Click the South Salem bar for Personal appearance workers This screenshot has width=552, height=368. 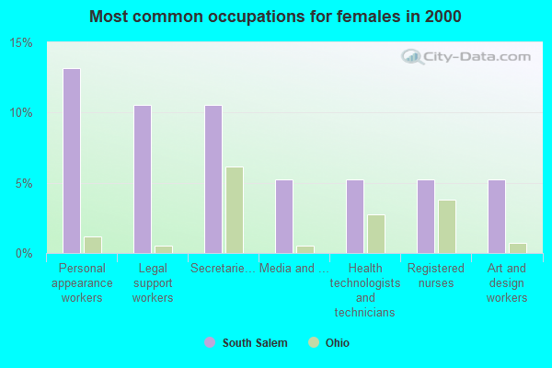(72, 161)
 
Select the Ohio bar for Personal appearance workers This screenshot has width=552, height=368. (93, 245)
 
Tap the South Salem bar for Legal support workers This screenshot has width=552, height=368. (143, 179)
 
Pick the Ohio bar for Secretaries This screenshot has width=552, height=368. (235, 210)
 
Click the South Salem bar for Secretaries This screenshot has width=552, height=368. (213, 179)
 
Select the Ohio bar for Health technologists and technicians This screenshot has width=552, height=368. (376, 234)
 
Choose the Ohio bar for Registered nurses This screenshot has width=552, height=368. (447, 226)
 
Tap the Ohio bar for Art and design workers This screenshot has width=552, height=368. (518, 248)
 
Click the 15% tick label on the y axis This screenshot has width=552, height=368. (21, 43)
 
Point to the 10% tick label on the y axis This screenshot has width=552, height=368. (21, 113)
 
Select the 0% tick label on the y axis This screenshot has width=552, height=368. (25, 253)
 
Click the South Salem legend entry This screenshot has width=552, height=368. (246, 343)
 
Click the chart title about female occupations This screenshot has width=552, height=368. (276, 17)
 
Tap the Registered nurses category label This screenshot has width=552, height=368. (436, 276)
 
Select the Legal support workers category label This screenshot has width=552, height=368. (153, 283)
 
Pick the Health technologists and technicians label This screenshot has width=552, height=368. (365, 291)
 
